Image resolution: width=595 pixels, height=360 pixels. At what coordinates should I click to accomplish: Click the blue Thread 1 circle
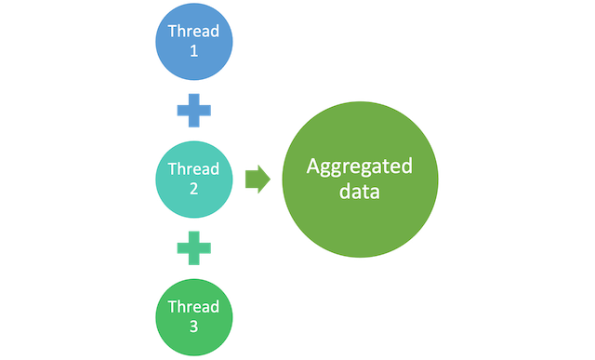193,41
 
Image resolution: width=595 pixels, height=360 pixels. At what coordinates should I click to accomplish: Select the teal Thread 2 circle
193,180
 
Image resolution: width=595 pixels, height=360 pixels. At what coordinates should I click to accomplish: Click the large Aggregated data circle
359,180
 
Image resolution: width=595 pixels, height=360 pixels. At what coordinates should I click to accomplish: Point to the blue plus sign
193,111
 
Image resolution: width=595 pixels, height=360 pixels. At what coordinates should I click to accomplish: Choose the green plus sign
193,248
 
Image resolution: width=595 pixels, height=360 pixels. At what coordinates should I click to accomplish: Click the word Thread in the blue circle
193,31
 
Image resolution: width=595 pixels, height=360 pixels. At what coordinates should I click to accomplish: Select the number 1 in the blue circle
193,52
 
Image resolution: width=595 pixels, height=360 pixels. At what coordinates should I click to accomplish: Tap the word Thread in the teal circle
193,169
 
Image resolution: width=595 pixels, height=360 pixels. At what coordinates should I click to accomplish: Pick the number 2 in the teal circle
193,191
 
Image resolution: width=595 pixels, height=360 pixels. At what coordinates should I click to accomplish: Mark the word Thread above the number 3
193,307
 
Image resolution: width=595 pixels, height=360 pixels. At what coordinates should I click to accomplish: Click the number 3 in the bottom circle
193,328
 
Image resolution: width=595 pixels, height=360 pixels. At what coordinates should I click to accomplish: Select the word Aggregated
359,167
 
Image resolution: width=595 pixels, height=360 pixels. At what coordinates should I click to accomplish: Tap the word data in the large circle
359,193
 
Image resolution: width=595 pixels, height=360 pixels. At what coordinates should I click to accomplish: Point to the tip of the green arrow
271,180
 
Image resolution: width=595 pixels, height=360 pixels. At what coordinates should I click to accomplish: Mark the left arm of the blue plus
180,111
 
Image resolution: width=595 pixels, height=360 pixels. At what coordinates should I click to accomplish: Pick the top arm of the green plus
193,236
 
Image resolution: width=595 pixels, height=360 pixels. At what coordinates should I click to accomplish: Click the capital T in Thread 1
171,31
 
